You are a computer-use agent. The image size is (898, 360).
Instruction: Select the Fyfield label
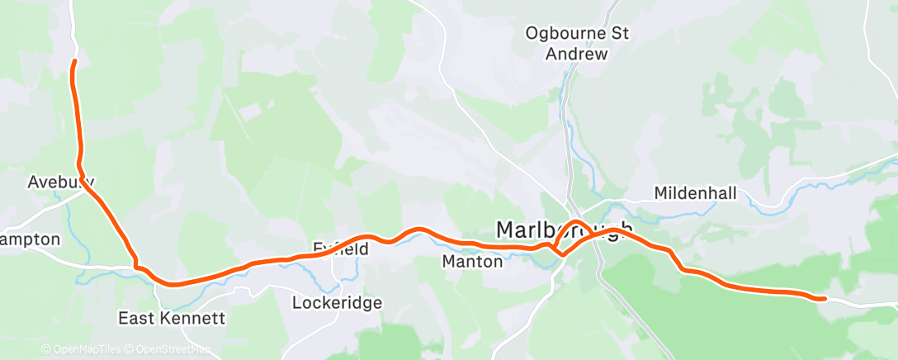pos(340,248)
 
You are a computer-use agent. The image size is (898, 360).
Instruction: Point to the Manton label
pos(472,262)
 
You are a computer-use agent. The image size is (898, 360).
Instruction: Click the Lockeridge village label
pos(337,303)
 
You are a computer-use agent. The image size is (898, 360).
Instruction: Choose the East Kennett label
pos(172,318)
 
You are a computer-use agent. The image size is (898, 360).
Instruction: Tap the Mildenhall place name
pos(695,192)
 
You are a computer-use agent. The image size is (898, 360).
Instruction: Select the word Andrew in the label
pos(576,54)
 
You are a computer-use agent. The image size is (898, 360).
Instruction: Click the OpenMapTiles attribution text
pos(83,350)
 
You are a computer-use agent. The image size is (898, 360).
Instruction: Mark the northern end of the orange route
pos(74,61)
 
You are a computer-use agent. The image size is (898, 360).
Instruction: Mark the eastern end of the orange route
pos(824,299)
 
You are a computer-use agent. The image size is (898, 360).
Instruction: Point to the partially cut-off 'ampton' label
pos(31,239)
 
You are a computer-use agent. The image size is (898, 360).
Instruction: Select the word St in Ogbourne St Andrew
pos(619,34)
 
